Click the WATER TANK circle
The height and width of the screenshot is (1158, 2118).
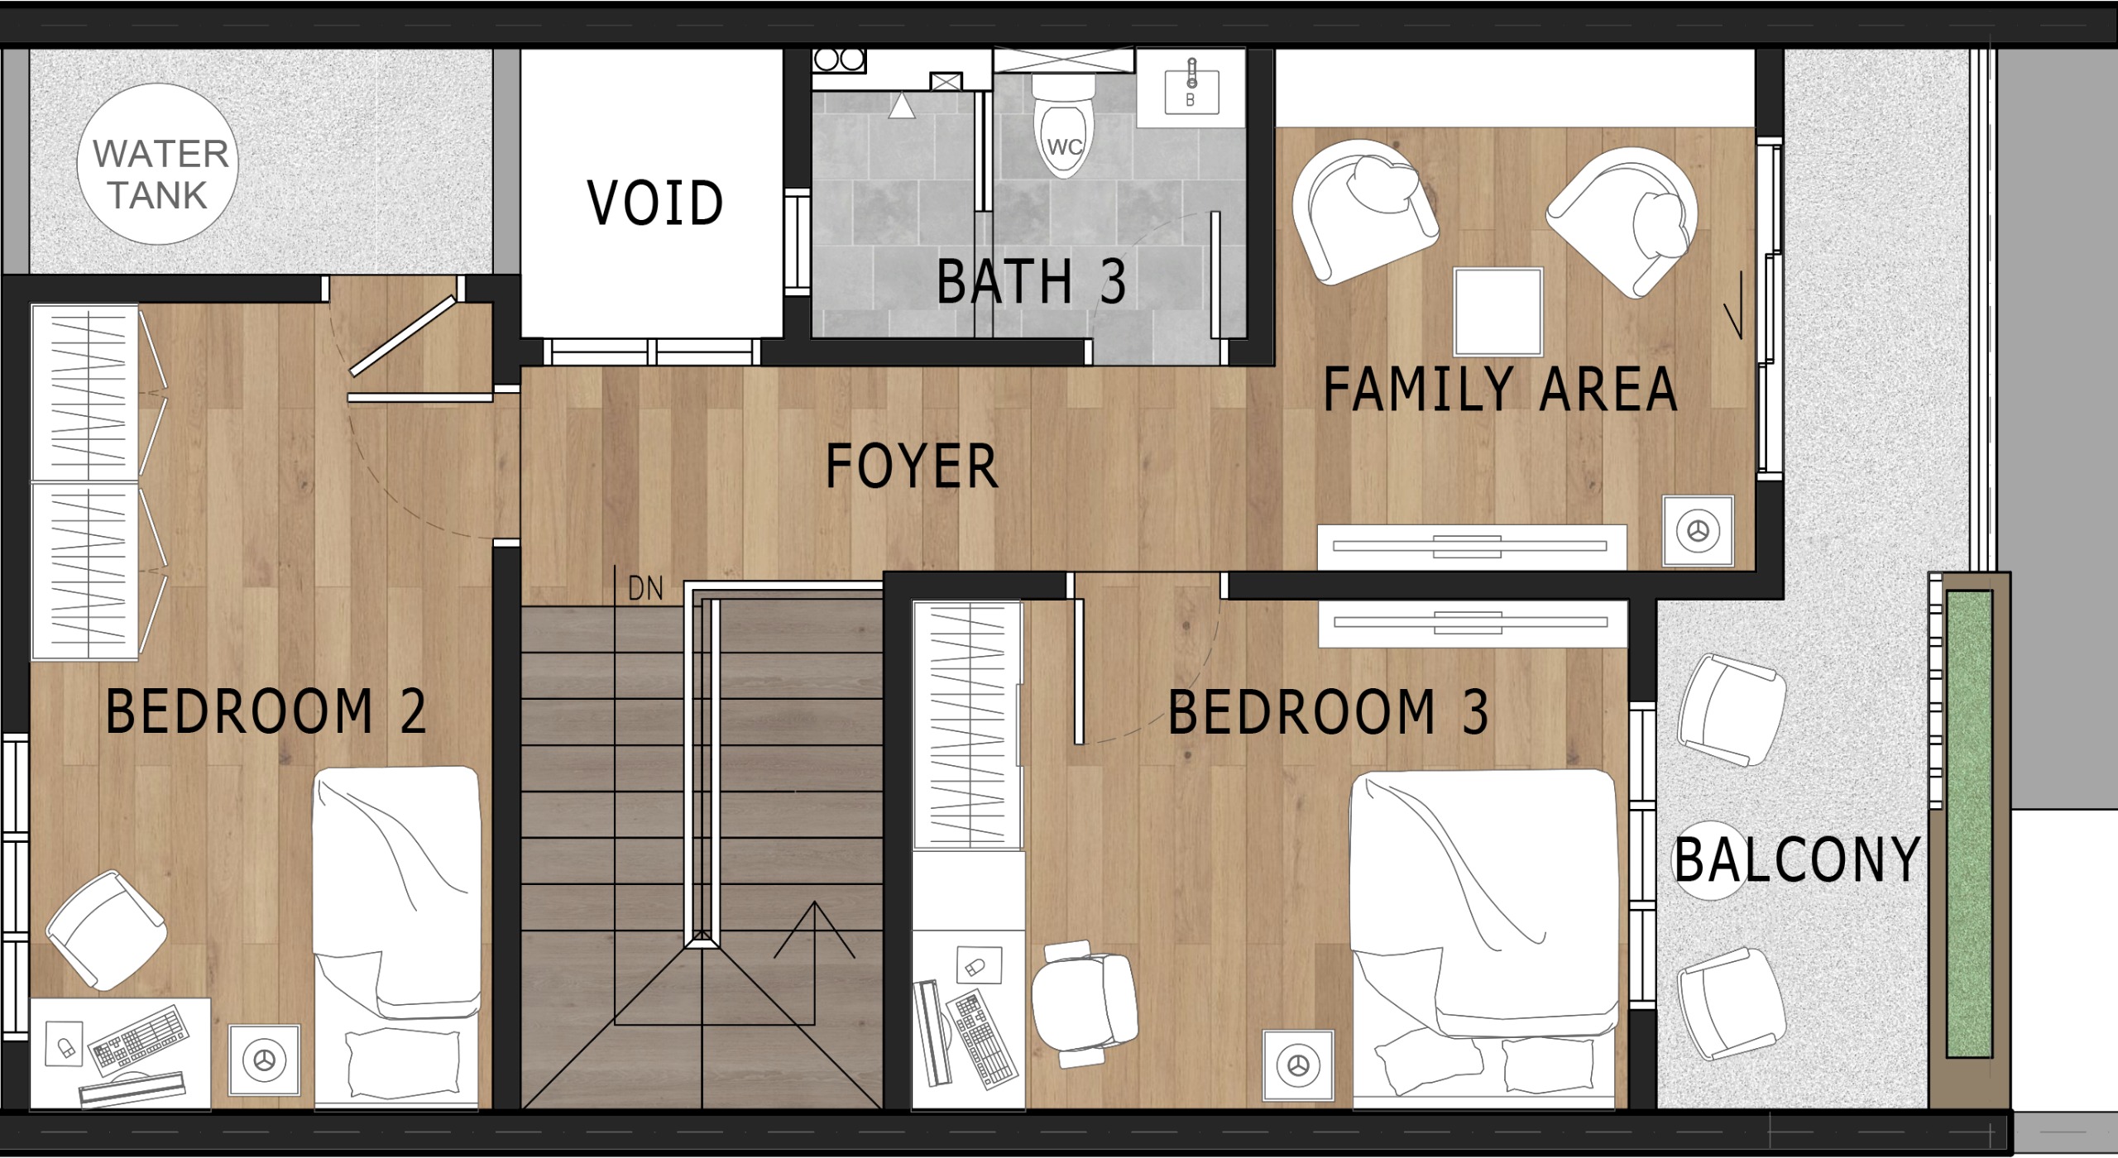(157, 164)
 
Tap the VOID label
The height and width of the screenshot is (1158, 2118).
(655, 203)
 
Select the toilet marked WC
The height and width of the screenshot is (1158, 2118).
(1064, 126)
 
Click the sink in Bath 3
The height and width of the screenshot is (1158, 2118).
(1191, 88)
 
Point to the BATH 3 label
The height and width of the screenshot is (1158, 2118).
(1032, 281)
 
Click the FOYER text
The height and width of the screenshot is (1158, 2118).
(912, 466)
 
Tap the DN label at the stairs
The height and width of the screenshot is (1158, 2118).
(645, 589)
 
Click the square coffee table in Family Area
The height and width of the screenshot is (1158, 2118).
(1498, 311)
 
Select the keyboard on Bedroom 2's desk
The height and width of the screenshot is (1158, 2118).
(138, 1036)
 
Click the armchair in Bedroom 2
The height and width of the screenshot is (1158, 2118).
(107, 930)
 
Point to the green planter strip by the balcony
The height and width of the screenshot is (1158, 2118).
(1969, 824)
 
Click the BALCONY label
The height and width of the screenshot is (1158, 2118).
(1796, 860)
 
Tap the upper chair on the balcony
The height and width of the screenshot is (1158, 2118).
(1731, 710)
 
